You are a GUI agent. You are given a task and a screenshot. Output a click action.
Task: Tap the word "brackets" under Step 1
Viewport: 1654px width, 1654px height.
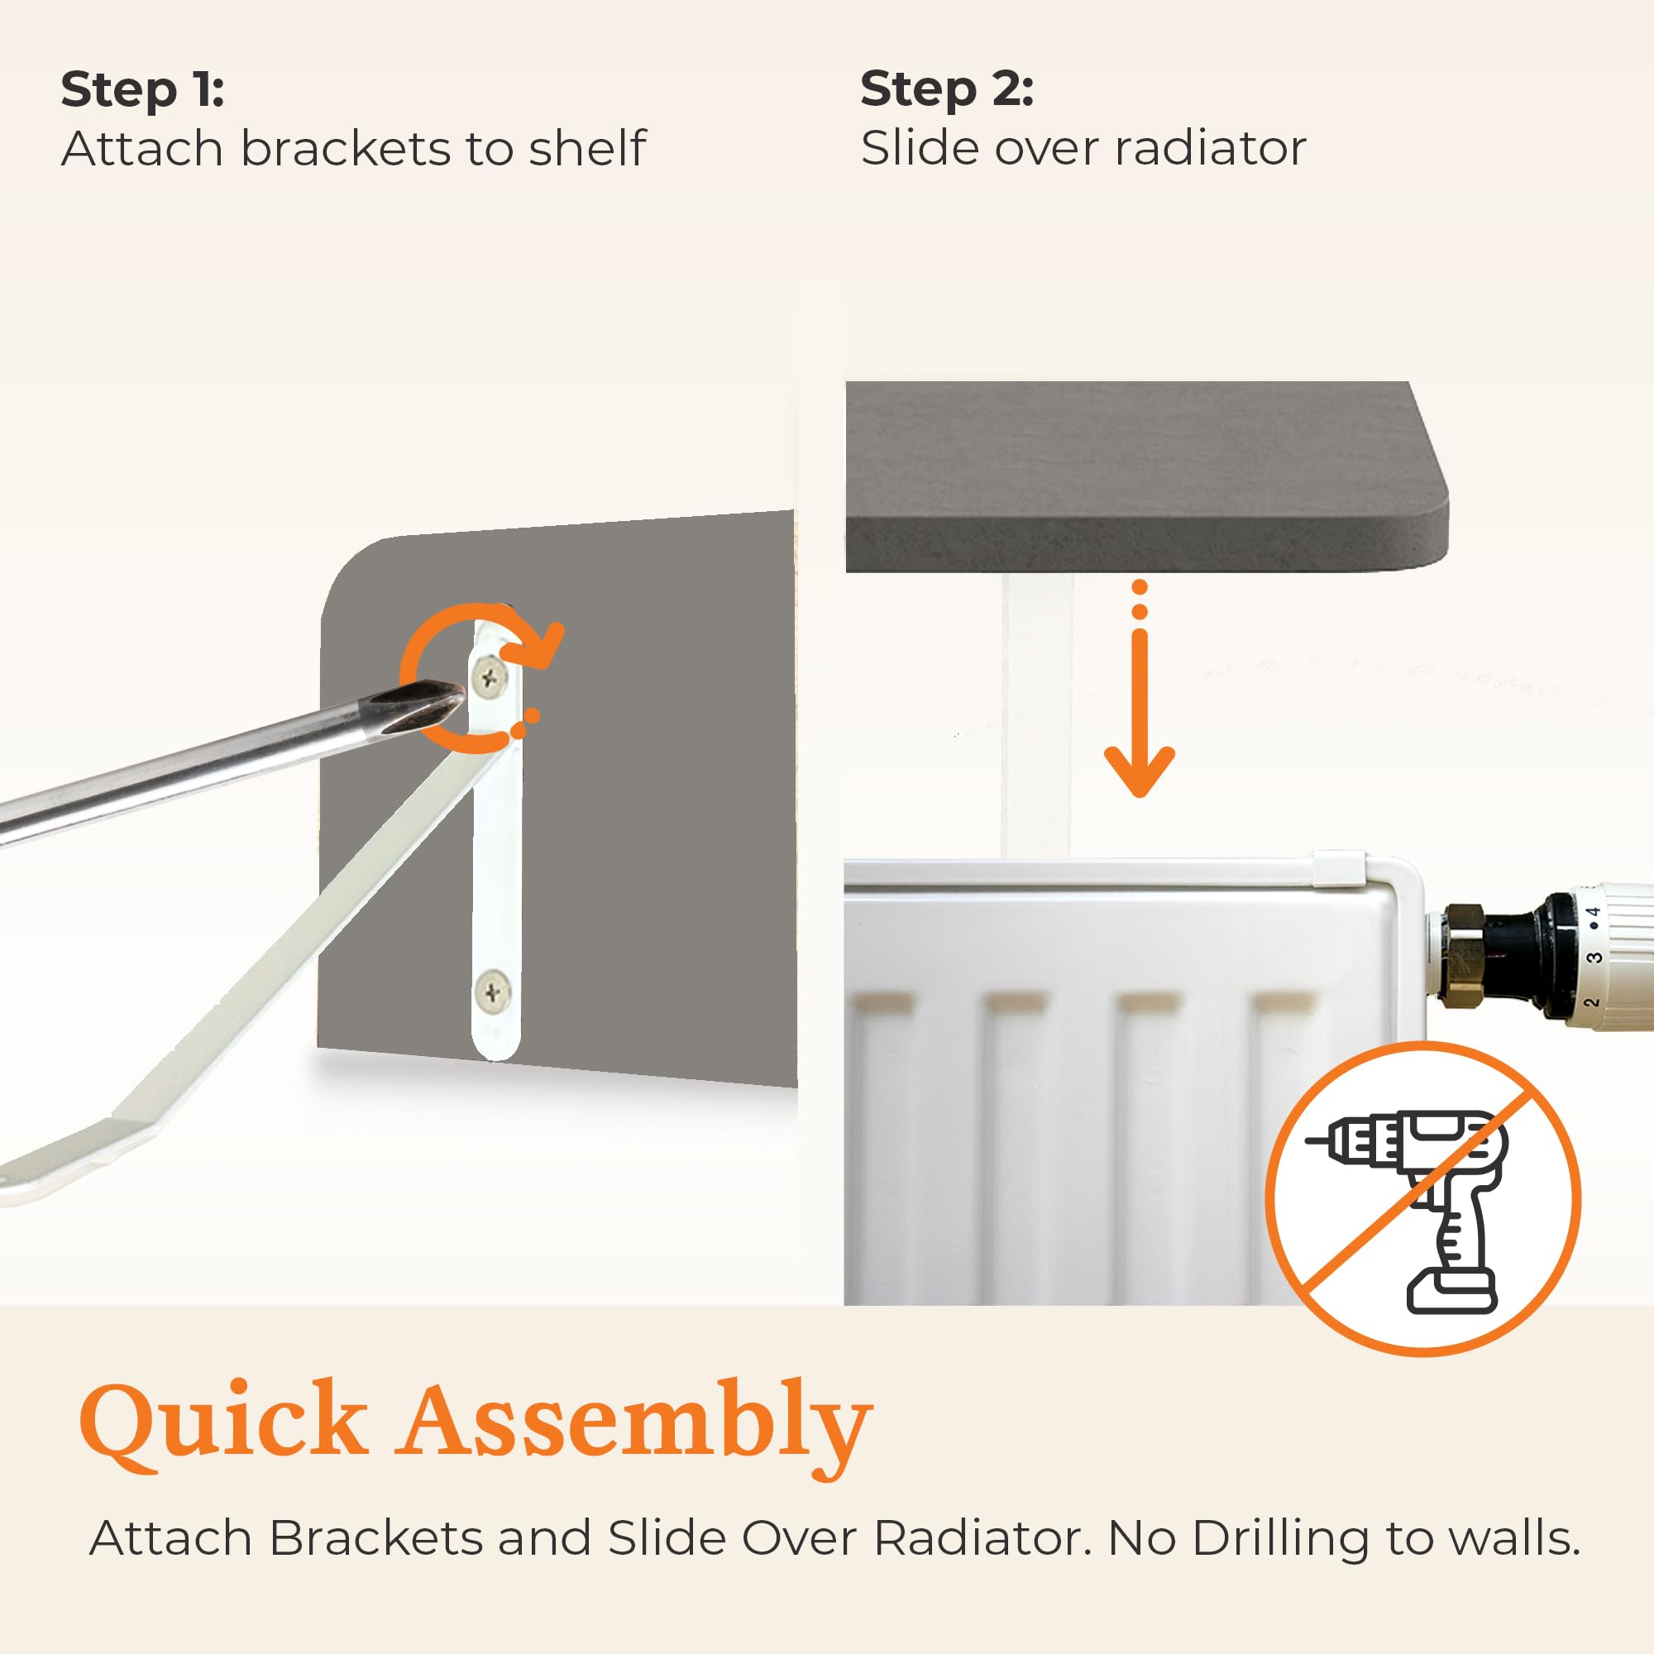346,149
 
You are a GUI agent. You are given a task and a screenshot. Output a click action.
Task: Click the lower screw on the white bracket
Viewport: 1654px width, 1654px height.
492,993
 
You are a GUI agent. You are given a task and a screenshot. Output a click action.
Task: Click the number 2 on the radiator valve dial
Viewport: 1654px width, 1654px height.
1590,1002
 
